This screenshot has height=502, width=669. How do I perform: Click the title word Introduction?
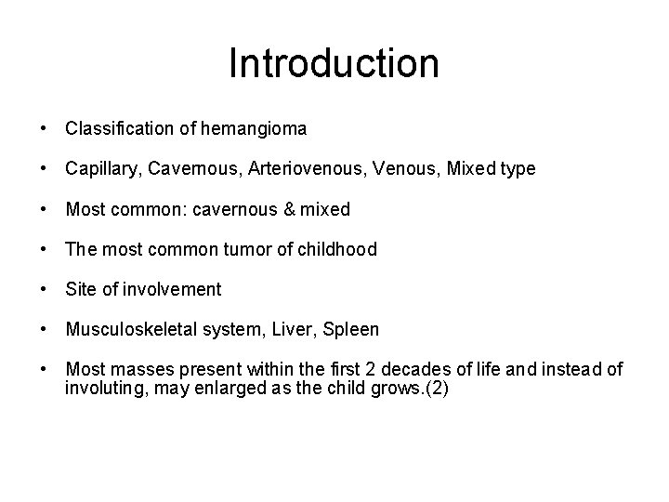pyautogui.click(x=334, y=63)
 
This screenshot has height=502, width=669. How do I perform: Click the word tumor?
pyautogui.click(x=231, y=249)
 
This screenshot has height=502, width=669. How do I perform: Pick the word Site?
pyautogui.click(x=81, y=289)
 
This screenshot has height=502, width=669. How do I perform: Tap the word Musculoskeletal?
pyautogui.click(x=124, y=329)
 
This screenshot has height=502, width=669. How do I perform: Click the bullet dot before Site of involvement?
pyautogui.click(x=45, y=289)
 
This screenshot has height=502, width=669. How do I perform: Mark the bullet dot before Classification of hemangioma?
pyautogui.click(x=45, y=129)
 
